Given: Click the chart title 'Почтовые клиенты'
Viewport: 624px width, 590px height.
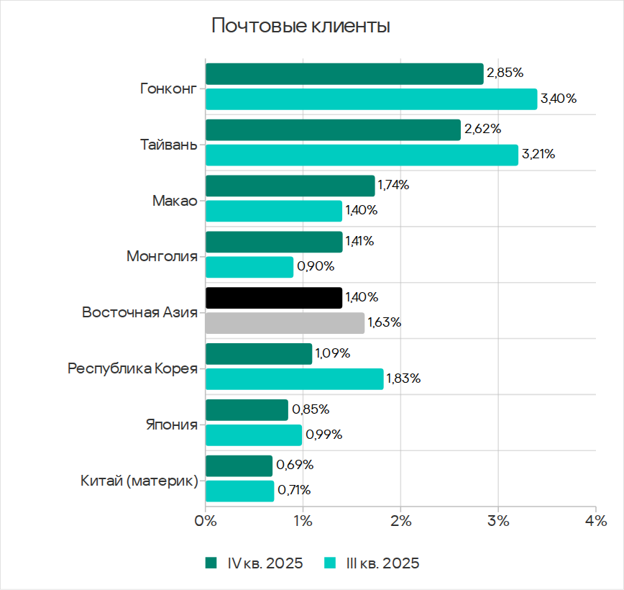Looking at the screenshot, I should (300, 27).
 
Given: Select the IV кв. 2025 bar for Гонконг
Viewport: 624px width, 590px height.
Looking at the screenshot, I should (344, 73).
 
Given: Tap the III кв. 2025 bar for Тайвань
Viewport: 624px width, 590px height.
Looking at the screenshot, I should (362, 155).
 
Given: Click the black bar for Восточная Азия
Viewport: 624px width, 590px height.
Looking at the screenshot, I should (274, 298).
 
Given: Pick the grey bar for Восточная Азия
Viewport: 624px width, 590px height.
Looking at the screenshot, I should (285, 322).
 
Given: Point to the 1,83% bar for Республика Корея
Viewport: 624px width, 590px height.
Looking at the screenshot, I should (295, 378).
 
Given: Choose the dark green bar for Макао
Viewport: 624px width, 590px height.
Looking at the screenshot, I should (290, 186).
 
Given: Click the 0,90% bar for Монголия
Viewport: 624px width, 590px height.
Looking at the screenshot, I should (249, 267).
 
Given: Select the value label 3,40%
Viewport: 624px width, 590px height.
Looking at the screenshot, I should (559, 99).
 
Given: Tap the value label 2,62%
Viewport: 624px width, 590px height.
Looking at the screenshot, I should (482, 130).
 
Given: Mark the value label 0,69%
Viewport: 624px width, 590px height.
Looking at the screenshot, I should (295, 466).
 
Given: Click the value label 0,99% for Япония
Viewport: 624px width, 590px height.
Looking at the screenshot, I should (324, 435).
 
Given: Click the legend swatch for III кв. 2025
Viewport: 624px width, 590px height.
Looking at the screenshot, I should (331, 563).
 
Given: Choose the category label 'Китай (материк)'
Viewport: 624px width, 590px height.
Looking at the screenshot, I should (139, 481).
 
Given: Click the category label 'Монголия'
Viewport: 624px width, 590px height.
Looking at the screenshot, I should (162, 256).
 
